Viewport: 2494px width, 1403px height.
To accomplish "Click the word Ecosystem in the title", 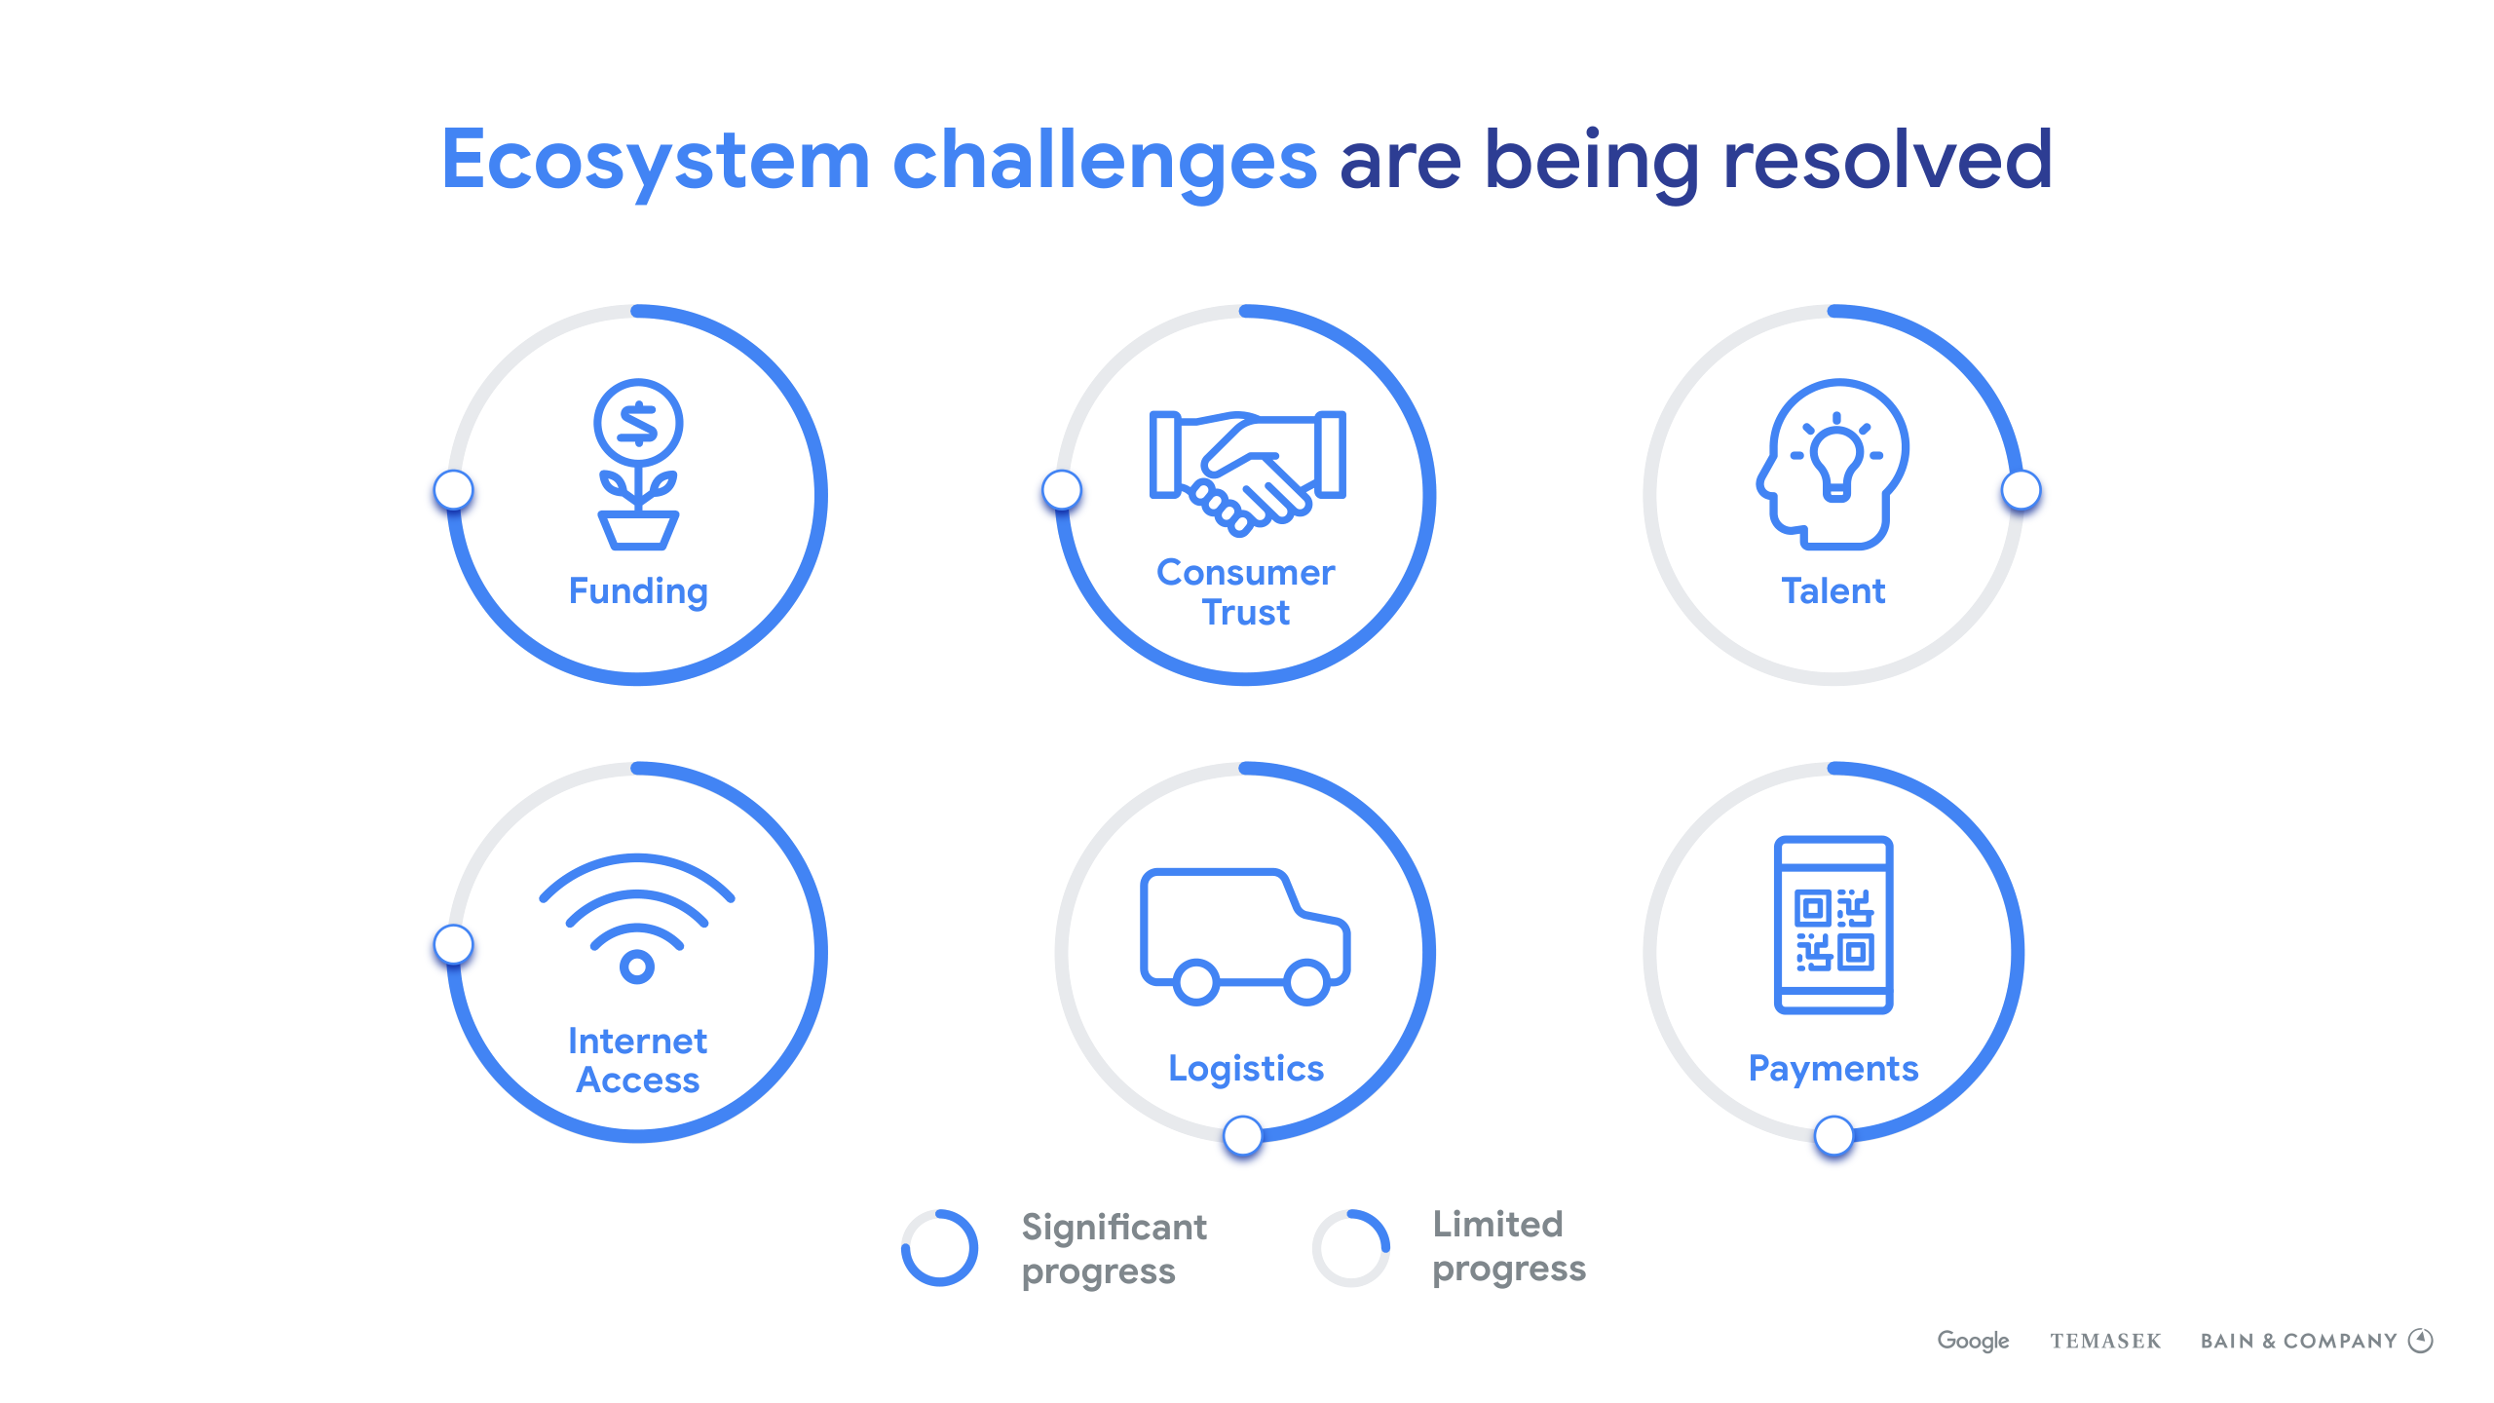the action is coord(656,162).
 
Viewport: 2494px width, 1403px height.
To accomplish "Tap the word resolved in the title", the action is coord(1887,159).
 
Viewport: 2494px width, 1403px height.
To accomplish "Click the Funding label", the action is coord(638,592).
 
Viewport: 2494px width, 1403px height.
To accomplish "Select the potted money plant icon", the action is coord(638,464).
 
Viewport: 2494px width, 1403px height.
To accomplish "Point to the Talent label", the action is coord(1833,591).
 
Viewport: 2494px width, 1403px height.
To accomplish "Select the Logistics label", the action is coord(1246,1070).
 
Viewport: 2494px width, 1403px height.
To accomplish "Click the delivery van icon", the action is coord(1246,935).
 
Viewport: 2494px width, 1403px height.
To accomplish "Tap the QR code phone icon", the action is coord(1833,925).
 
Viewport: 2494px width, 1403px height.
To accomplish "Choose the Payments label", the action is coord(1833,1070).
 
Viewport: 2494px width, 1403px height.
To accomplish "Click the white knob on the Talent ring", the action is coord(2022,490).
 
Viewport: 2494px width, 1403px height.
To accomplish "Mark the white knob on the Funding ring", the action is coord(453,489).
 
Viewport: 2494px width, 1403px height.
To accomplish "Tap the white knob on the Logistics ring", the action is coord(1243,1135).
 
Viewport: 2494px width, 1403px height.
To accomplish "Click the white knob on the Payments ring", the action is coord(1833,1135).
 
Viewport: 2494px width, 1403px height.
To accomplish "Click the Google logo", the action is coord(1973,1342).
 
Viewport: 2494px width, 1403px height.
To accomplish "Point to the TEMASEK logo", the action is coord(2105,1342).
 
